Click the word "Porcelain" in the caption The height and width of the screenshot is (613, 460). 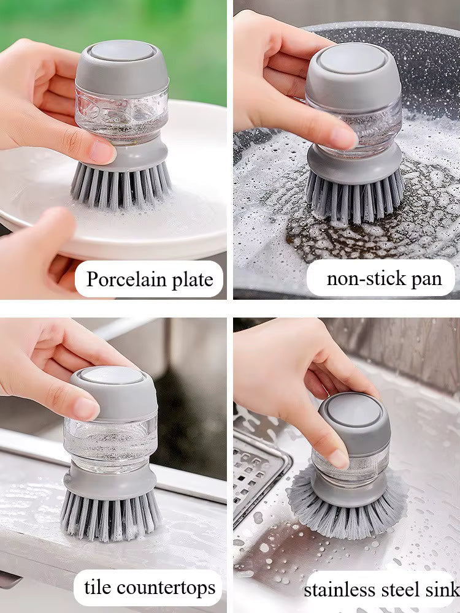coord(126,279)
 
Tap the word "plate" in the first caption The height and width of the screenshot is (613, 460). coord(193,280)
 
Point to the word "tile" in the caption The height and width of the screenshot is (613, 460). coord(98,587)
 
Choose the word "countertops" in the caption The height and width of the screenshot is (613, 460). coord(166,588)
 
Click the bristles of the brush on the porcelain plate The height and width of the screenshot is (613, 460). coord(121,185)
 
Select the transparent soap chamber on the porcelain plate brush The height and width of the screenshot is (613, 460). coord(122,116)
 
